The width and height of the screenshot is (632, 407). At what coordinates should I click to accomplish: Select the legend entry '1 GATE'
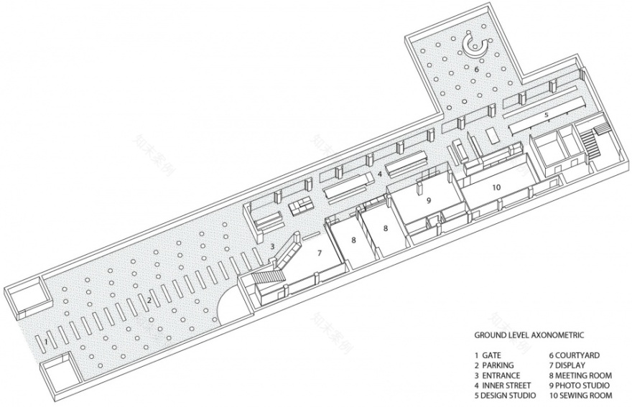pos(488,355)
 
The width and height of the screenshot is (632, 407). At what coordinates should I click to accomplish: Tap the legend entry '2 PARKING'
pos(493,364)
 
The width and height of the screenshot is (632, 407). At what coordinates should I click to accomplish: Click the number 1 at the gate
pos(45,342)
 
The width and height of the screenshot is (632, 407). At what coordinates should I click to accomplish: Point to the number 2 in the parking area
pos(149,299)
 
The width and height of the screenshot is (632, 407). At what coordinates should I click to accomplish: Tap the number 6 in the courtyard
pos(476,70)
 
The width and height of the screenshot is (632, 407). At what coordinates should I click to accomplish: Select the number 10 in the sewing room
pos(496,187)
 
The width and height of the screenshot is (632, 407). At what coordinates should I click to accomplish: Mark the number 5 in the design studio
pos(546,115)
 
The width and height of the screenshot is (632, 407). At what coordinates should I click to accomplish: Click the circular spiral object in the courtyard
pos(475,46)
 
